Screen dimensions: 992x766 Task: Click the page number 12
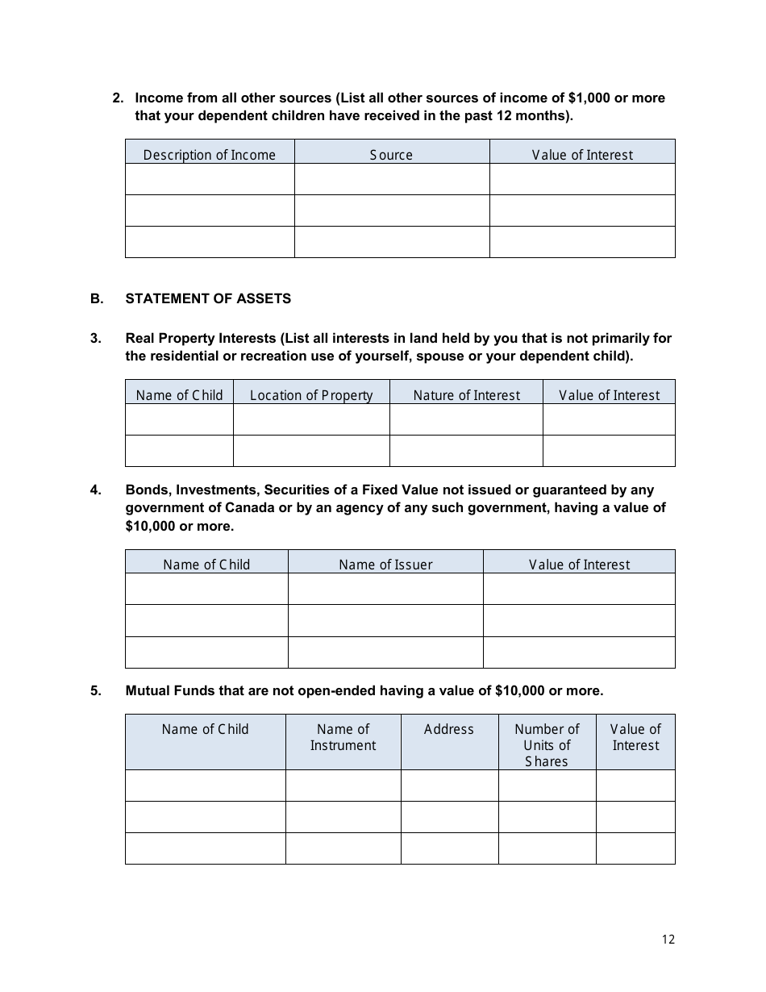tap(668, 939)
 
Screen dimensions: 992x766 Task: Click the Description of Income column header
tap(210, 155)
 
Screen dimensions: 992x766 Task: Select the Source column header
tap(391, 155)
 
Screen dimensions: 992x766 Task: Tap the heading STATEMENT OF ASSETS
tap(208, 298)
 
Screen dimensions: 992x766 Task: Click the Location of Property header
tap(311, 395)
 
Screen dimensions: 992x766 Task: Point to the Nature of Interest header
tap(466, 395)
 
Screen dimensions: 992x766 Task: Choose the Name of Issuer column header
tap(385, 565)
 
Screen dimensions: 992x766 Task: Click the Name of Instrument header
tap(343, 737)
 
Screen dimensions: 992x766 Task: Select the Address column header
tap(449, 729)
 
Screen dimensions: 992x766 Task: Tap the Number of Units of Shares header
tap(547, 744)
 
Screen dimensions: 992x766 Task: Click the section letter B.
tap(97, 298)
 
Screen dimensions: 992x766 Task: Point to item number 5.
tap(96, 690)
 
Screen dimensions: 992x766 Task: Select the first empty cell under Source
tap(391, 179)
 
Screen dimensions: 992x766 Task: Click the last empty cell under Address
tap(449, 848)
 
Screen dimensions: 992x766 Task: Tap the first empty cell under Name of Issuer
tap(385, 590)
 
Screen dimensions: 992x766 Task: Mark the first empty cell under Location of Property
tap(311, 419)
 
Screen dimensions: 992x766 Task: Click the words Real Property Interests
tap(201, 338)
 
